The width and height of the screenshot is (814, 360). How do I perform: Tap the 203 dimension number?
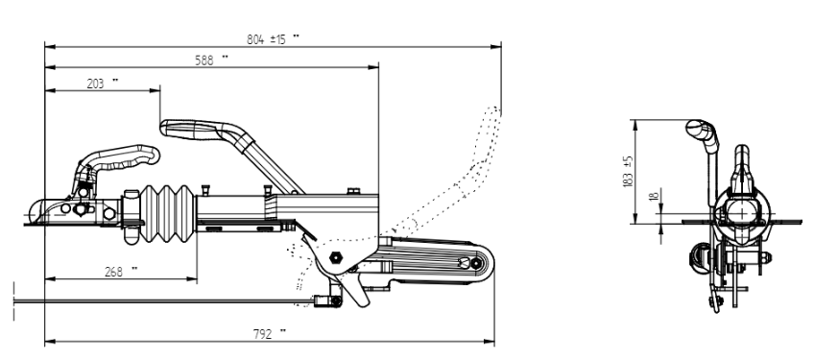pyautogui.click(x=96, y=84)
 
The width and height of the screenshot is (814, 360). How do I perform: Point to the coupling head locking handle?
pyautogui.click(x=120, y=156)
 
